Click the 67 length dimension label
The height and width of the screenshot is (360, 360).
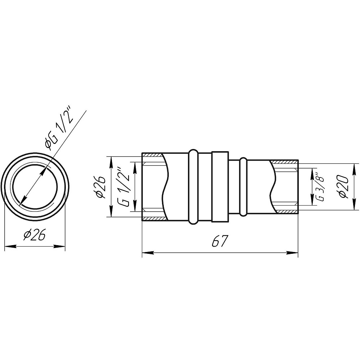pos(220,241)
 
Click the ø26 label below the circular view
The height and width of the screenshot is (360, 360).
pos(34,234)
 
